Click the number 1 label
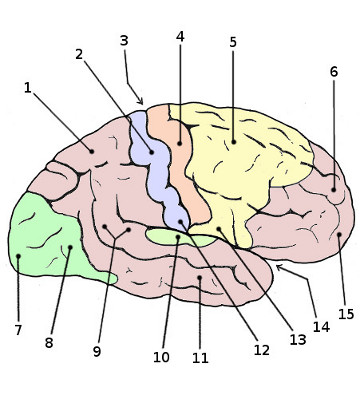(x=28, y=88)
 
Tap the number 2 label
(x=79, y=54)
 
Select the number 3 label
(x=124, y=41)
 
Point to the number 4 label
(x=180, y=37)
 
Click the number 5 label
(x=232, y=42)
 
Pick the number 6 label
(x=333, y=72)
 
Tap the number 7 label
(x=17, y=329)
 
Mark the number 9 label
(x=96, y=351)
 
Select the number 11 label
(x=200, y=357)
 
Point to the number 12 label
(x=261, y=350)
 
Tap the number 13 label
(x=297, y=339)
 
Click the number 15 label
(x=346, y=314)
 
